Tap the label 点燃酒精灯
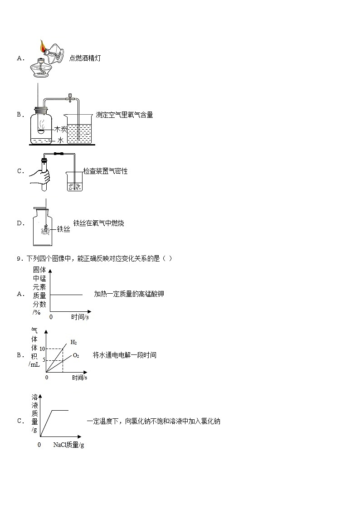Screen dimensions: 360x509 coord(85,58)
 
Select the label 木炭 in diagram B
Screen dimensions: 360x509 coord(60,129)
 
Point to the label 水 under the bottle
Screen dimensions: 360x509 coord(60,141)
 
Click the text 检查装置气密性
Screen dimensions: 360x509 coord(105,171)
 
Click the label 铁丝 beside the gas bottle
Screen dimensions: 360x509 coord(63,230)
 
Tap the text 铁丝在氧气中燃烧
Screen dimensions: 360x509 coord(98,223)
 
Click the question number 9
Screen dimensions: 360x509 coord(19,258)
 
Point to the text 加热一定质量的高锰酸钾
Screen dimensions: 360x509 coord(129,294)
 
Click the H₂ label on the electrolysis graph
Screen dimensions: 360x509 coord(73,342)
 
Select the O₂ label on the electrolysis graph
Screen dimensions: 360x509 coord(76,356)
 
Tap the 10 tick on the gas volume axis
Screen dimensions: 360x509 coord(43,349)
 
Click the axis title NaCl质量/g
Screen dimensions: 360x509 coord(68,445)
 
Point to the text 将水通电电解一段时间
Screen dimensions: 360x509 coord(125,355)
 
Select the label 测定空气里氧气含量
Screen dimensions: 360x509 coord(124,115)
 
